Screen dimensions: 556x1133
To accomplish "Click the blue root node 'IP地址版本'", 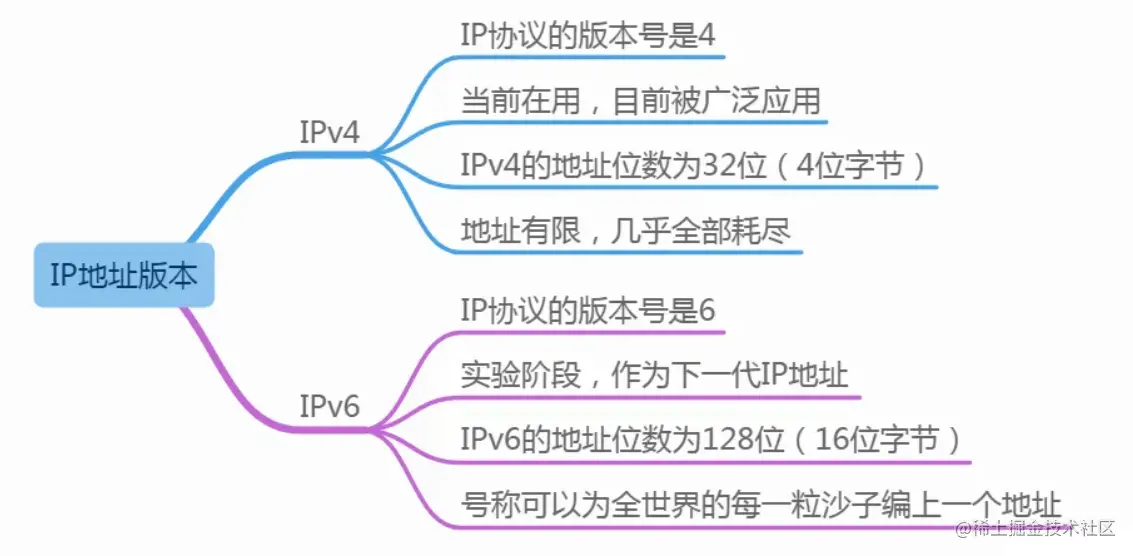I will pos(124,275).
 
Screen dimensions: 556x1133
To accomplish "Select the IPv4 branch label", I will pos(329,133).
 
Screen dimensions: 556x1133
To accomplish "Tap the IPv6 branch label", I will pos(329,407).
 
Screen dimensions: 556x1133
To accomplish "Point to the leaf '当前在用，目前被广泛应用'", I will pos(640,101).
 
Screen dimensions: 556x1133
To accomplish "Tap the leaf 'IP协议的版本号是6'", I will pos(588,310).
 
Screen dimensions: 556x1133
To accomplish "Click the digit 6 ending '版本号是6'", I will pos(707,310).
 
